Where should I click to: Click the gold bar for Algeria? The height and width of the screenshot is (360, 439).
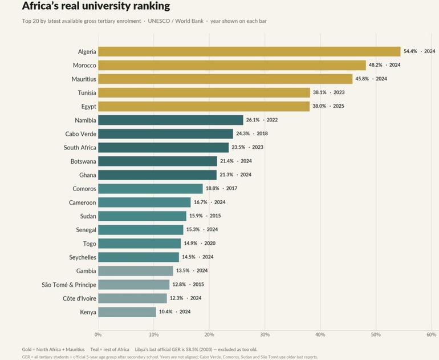coord(249,51)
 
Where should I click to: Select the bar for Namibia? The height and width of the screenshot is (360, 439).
coord(171,120)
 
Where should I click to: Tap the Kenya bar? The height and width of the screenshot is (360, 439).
coord(127,312)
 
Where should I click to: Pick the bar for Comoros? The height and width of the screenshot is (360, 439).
coord(151,188)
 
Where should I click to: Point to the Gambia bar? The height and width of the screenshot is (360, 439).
coord(136,270)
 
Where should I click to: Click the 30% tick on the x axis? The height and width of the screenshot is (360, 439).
coord(265,334)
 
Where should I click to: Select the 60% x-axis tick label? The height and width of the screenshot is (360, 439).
coord(432,334)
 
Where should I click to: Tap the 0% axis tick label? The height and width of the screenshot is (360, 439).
coord(98,334)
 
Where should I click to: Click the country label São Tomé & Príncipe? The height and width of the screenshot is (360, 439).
coord(69,285)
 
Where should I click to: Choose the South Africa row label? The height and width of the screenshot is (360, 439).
coord(80,147)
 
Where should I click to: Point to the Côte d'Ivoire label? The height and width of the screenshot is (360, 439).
coord(79,298)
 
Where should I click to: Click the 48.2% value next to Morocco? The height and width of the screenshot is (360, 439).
coord(376,64)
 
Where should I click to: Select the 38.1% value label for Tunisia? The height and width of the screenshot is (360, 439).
coord(320,92)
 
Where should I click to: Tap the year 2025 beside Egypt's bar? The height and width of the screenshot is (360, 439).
coord(339,106)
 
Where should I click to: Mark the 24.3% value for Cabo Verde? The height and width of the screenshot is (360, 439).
coord(243,134)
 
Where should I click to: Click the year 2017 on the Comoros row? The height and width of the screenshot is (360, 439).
coord(231,188)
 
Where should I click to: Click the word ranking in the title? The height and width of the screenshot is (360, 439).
coord(151,6)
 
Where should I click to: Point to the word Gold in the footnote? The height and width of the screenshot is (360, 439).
coord(27,349)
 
